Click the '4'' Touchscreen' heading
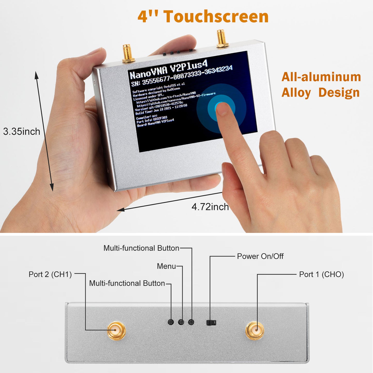(x=203, y=17)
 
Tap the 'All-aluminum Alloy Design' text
(x=321, y=85)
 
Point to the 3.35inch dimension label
(x=22, y=132)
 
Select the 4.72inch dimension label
(x=210, y=207)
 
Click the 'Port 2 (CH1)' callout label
(x=50, y=274)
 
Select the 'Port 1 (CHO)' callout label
(x=321, y=274)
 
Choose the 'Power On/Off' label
(x=260, y=256)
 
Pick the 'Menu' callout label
(x=166, y=266)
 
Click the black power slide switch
(x=211, y=322)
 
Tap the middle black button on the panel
(x=181, y=322)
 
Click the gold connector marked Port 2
(x=116, y=330)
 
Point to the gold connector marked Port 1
(x=255, y=330)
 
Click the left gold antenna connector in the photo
(x=128, y=53)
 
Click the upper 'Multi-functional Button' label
(x=141, y=248)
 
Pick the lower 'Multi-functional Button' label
(x=127, y=283)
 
